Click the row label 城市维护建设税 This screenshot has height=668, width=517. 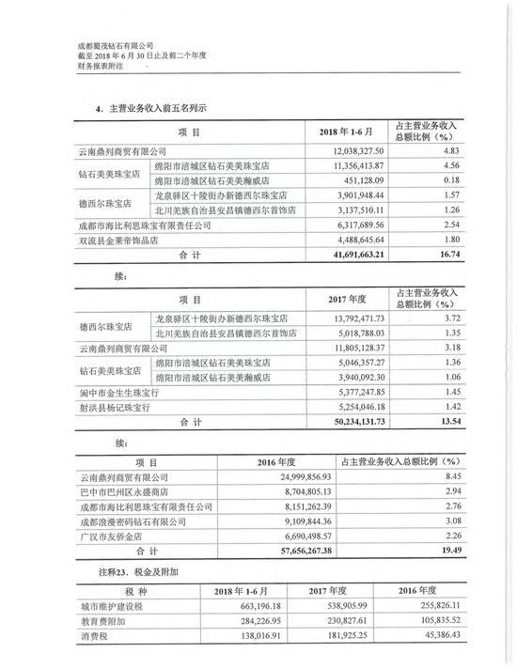coord(114,607)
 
